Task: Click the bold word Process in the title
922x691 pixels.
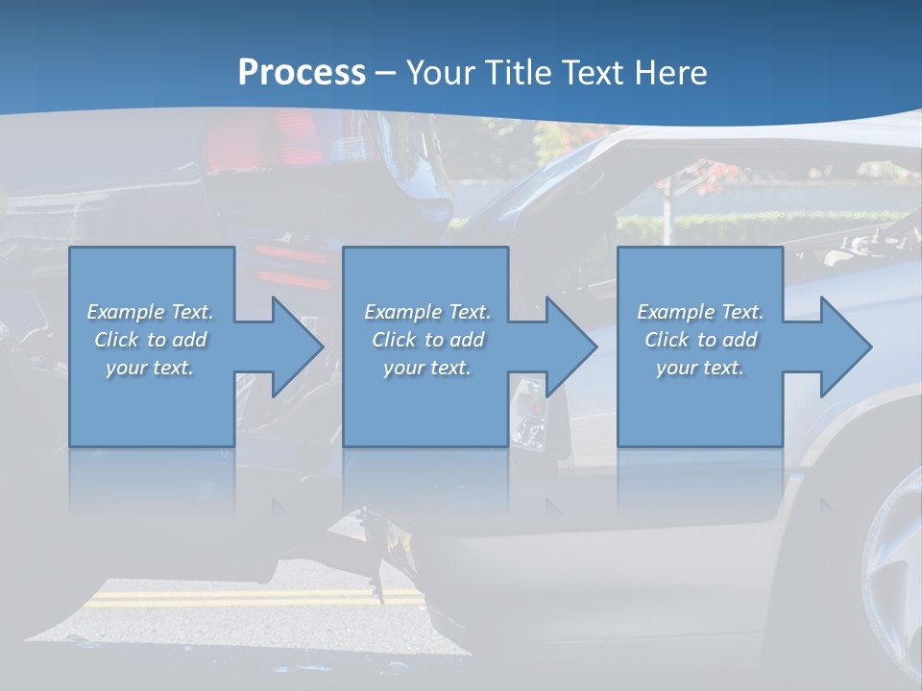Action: [x=302, y=73]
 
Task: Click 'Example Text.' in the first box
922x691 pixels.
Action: [x=151, y=312]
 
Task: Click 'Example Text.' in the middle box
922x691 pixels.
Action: [x=427, y=312]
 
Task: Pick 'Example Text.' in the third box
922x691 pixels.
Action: [x=700, y=312]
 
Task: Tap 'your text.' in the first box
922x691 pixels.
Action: [x=150, y=368]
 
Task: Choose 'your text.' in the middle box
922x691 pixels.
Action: [x=426, y=368]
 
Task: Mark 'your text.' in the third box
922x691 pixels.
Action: [x=699, y=368]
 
